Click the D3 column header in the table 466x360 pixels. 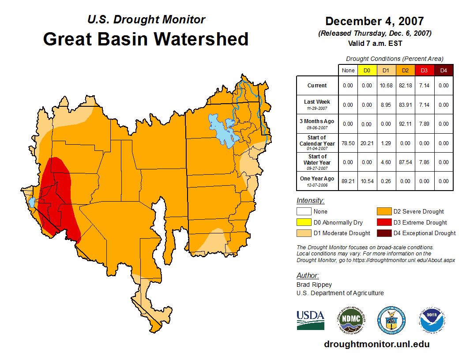pyautogui.click(x=424, y=71)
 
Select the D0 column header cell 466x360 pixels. pyautogui.click(x=367, y=71)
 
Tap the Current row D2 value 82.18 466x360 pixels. pyautogui.click(x=405, y=86)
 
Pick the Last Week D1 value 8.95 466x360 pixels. pyautogui.click(x=386, y=105)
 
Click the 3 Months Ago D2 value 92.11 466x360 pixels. pyautogui.click(x=405, y=124)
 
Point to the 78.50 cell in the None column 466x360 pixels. pyautogui.click(x=348, y=143)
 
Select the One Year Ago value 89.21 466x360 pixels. pyautogui.click(x=348, y=181)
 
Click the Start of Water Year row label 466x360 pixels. pyautogui.click(x=317, y=162)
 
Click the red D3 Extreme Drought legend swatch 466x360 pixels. pyautogui.click(x=383, y=222)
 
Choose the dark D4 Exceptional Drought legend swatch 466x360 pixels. pyautogui.click(x=383, y=233)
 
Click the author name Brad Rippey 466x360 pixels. pyautogui.click(x=314, y=285)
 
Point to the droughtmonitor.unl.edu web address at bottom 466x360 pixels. pyautogui.click(x=376, y=344)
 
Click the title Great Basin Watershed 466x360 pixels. pyautogui.click(x=146, y=39)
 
